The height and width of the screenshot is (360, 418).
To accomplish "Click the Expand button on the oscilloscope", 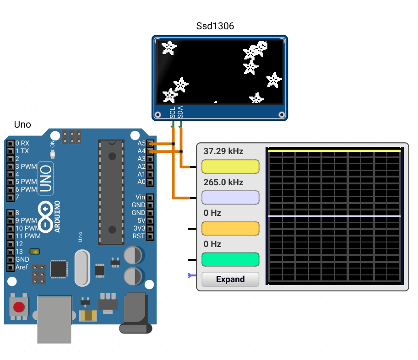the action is [x=230, y=279].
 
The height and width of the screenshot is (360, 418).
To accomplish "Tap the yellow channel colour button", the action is [x=230, y=167].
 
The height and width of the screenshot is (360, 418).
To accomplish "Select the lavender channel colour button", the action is [x=230, y=198].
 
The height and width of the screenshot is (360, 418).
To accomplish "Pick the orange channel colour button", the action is [x=230, y=228].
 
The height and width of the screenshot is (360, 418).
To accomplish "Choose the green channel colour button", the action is [x=230, y=259].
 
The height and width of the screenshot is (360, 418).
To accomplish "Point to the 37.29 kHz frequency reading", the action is [x=223, y=151].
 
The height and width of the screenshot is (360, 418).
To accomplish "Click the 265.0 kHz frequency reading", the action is [x=223, y=183].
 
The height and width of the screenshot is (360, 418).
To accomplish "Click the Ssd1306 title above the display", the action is [x=215, y=26].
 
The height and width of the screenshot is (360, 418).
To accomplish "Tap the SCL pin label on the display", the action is [x=173, y=113].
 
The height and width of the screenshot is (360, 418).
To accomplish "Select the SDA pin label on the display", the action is [x=180, y=112].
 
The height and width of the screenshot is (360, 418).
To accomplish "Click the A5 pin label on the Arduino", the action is [x=141, y=143].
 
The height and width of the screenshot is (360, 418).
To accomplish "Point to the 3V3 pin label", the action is [x=140, y=228].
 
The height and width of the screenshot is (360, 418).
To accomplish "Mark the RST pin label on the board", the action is [x=139, y=236].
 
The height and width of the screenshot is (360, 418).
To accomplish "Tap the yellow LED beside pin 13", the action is [x=35, y=252].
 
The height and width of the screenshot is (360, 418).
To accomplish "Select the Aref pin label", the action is [x=22, y=267].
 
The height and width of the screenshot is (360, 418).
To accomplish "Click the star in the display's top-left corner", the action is [x=169, y=48].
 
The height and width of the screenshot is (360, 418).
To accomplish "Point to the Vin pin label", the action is [x=140, y=197].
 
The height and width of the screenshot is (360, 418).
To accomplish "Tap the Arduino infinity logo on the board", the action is [x=45, y=216].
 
